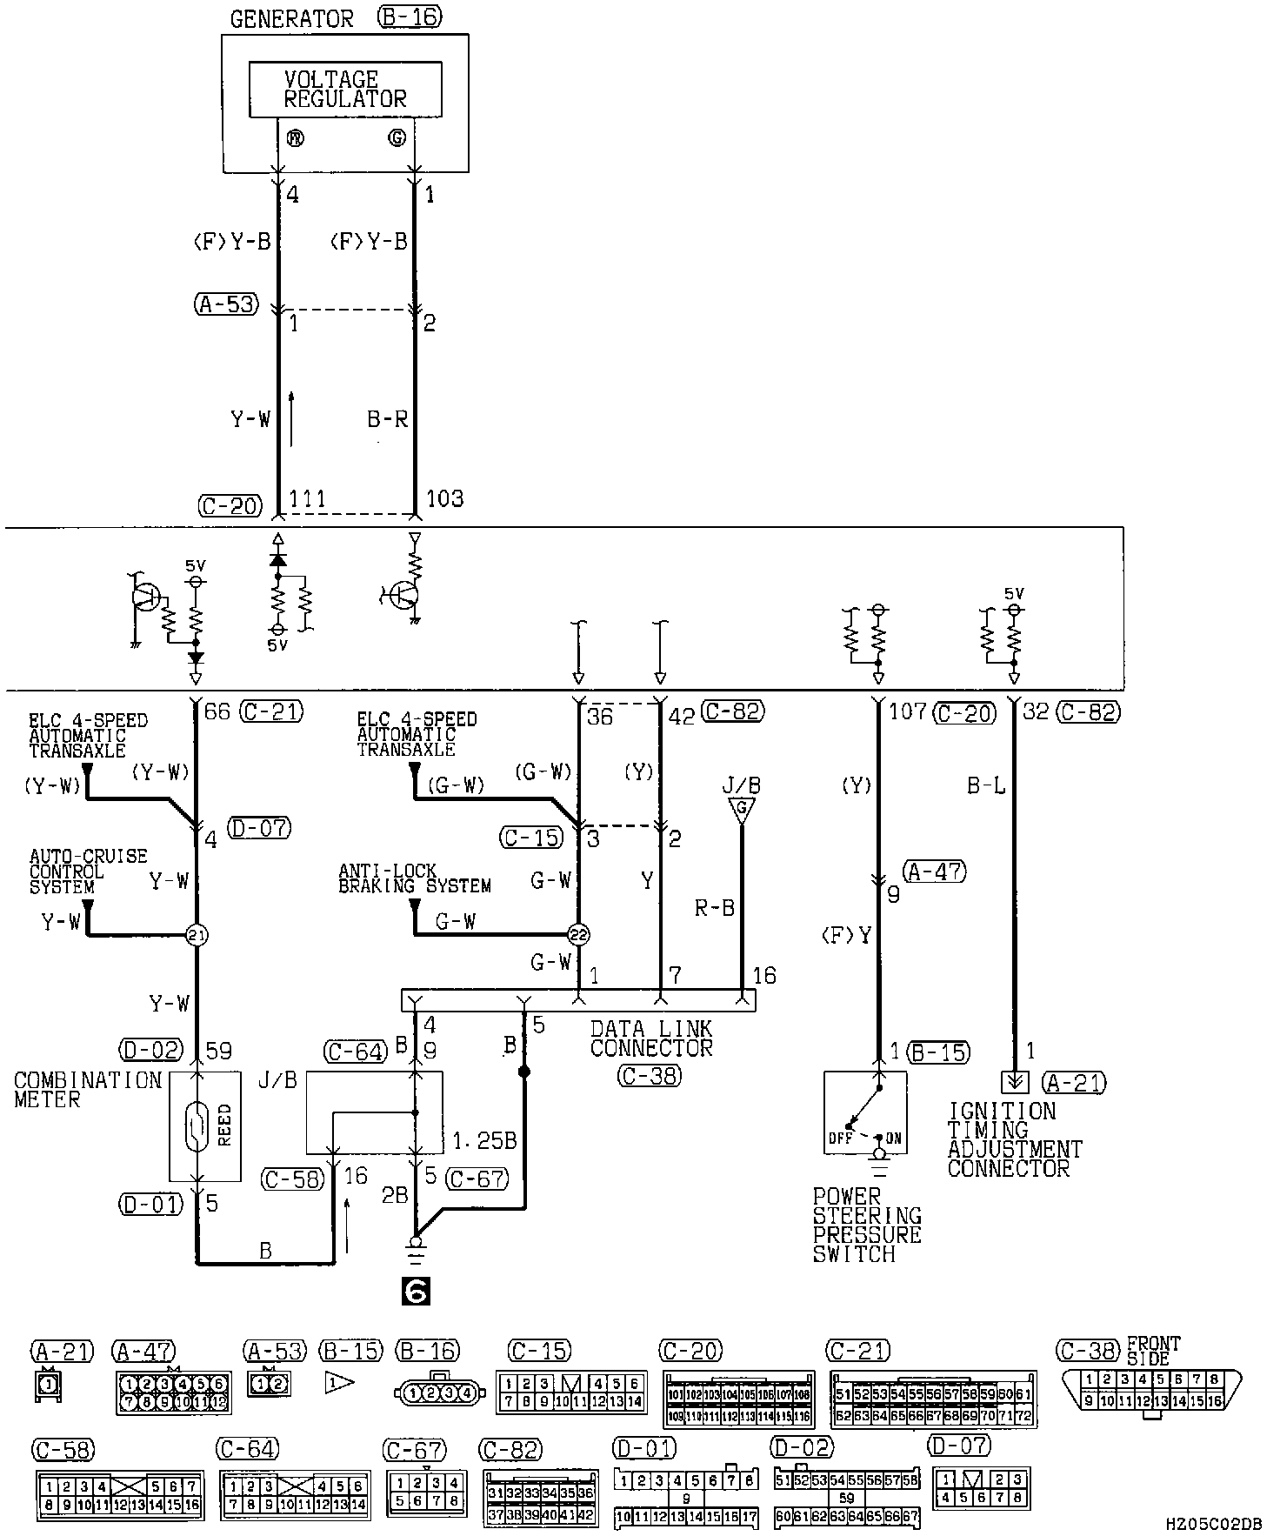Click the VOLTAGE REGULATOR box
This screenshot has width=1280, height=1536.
coord(345,89)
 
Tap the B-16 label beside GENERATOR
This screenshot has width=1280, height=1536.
coord(410,17)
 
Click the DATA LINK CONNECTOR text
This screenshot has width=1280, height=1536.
coord(650,1038)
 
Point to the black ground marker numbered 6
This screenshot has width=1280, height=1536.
coord(416,1292)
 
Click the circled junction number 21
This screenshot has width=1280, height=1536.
coord(197,936)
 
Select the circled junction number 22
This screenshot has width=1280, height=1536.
coord(578,936)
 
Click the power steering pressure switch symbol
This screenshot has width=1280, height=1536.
coord(865,1112)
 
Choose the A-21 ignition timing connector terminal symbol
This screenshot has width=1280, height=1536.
coord(1015,1082)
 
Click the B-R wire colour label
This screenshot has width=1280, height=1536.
coord(388,420)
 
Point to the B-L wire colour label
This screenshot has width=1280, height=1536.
coord(986,786)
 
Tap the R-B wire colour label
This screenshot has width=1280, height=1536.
coord(715,909)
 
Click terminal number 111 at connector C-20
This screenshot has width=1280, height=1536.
coord(307,499)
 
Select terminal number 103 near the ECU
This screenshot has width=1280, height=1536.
coord(444,499)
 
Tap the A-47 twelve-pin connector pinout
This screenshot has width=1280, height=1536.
coord(174,1393)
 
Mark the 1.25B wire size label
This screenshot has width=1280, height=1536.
coord(485,1140)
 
